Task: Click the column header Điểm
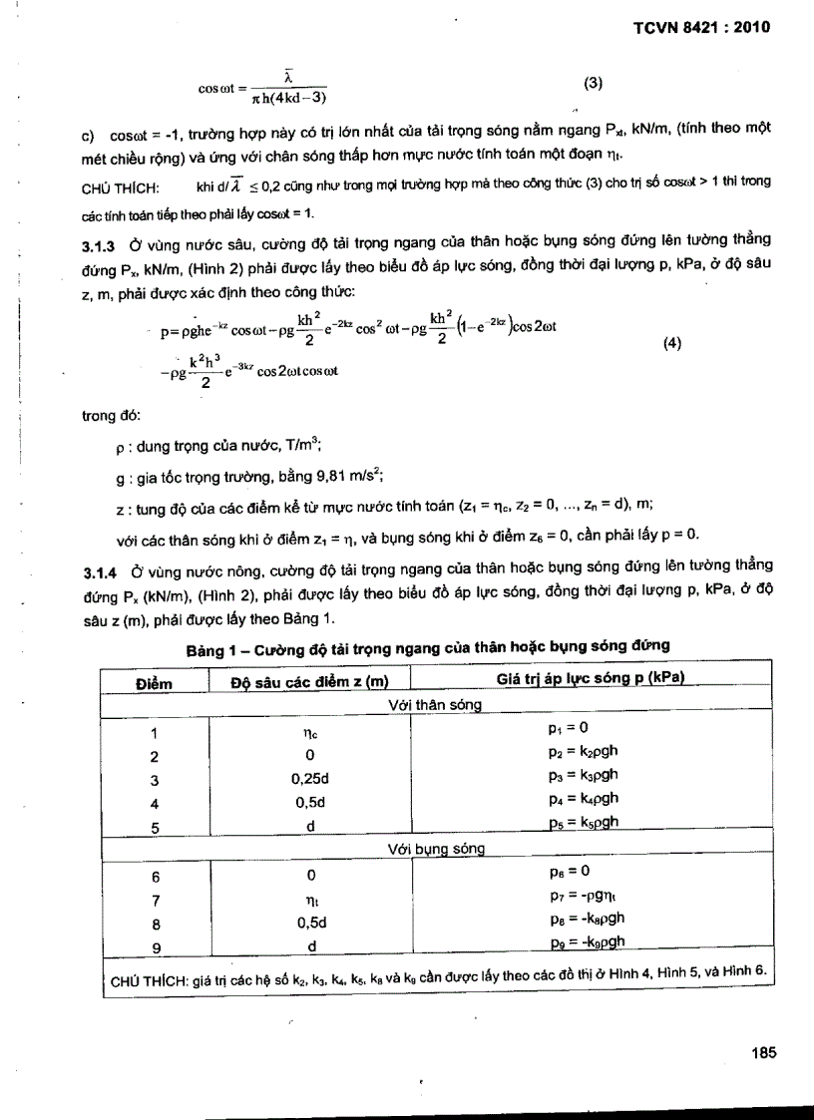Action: coord(153,683)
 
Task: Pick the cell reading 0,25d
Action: coord(311,780)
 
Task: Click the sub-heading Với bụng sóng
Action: coord(436,849)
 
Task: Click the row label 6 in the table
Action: coord(153,875)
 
